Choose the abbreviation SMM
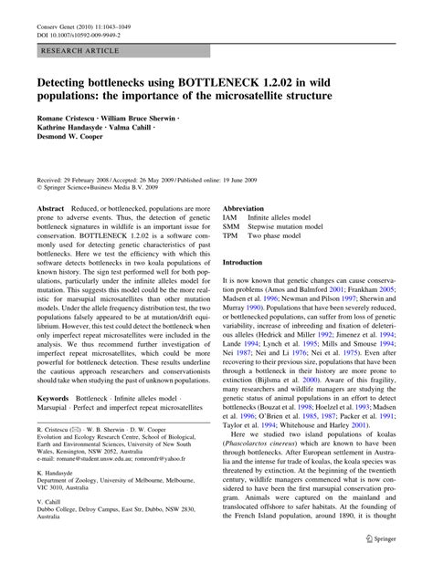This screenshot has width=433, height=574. coord(232,228)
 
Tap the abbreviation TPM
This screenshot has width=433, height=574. coord(232,238)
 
